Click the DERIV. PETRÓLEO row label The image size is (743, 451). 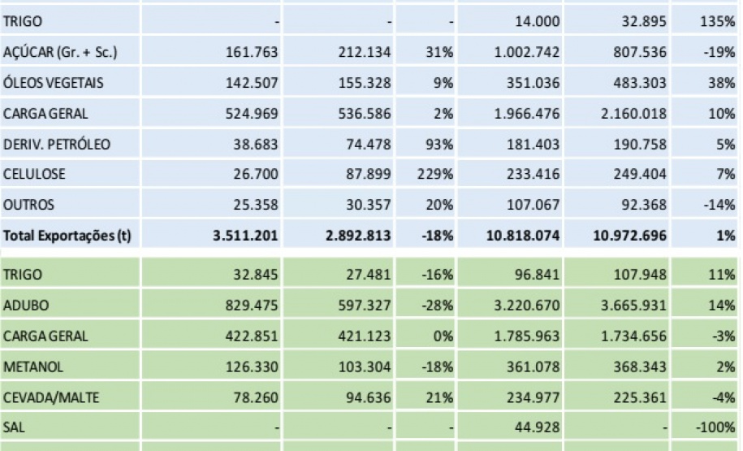pos(57,144)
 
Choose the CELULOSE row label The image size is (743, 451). pos(34,174)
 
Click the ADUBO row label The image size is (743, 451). pos(26,306)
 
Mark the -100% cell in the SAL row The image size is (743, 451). pos(716,427)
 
